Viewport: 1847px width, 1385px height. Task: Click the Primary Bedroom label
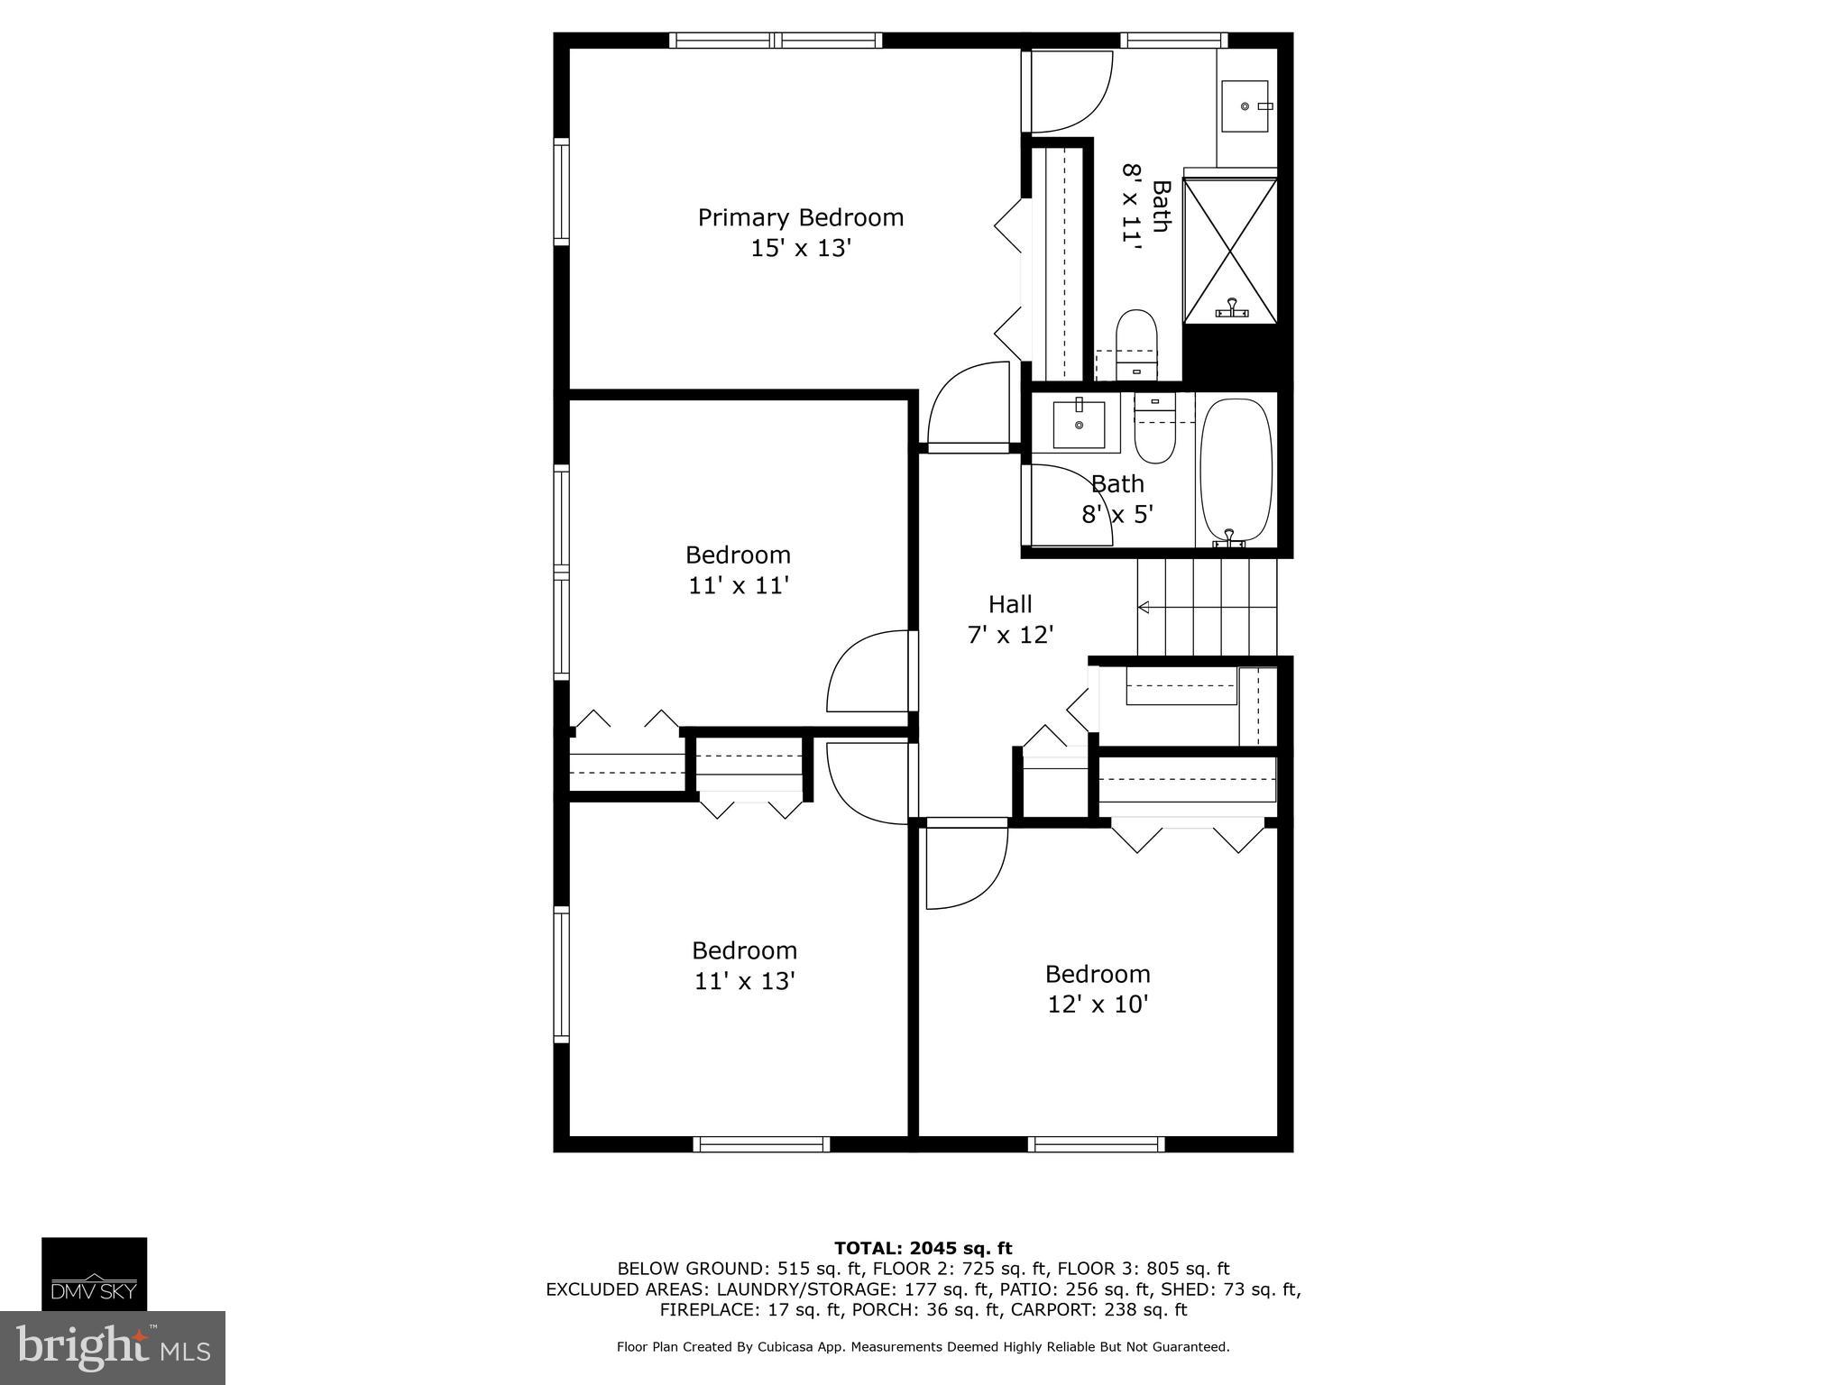point(801,218)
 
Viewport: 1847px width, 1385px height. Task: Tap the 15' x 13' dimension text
point(801,248)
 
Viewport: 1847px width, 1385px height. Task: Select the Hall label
point(1010,604)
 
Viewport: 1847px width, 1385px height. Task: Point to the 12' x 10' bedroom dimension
point(1098,1004)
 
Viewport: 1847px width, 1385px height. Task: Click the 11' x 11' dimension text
point(739,586)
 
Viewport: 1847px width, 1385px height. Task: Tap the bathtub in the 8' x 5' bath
point(1236,472)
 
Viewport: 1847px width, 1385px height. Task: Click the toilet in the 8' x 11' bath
point(1136,345)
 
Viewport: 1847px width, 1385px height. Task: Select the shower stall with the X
point(1230,250)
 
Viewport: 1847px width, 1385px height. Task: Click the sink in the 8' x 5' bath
point(1079,425)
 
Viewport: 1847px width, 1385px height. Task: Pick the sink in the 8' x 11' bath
point(1245,106)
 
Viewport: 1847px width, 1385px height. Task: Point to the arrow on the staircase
point(1208,607)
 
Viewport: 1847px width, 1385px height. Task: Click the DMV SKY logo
point(94,1273)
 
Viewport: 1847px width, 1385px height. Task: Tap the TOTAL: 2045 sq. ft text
point(923,1248)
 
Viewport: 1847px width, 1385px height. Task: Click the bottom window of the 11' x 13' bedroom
point(761,1144)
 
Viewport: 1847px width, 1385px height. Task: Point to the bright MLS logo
point(113,1348)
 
